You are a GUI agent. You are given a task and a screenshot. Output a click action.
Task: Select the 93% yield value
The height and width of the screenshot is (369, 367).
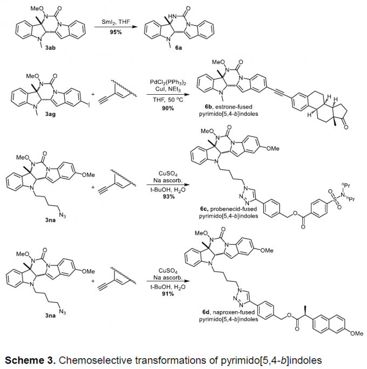click(168, 196)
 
